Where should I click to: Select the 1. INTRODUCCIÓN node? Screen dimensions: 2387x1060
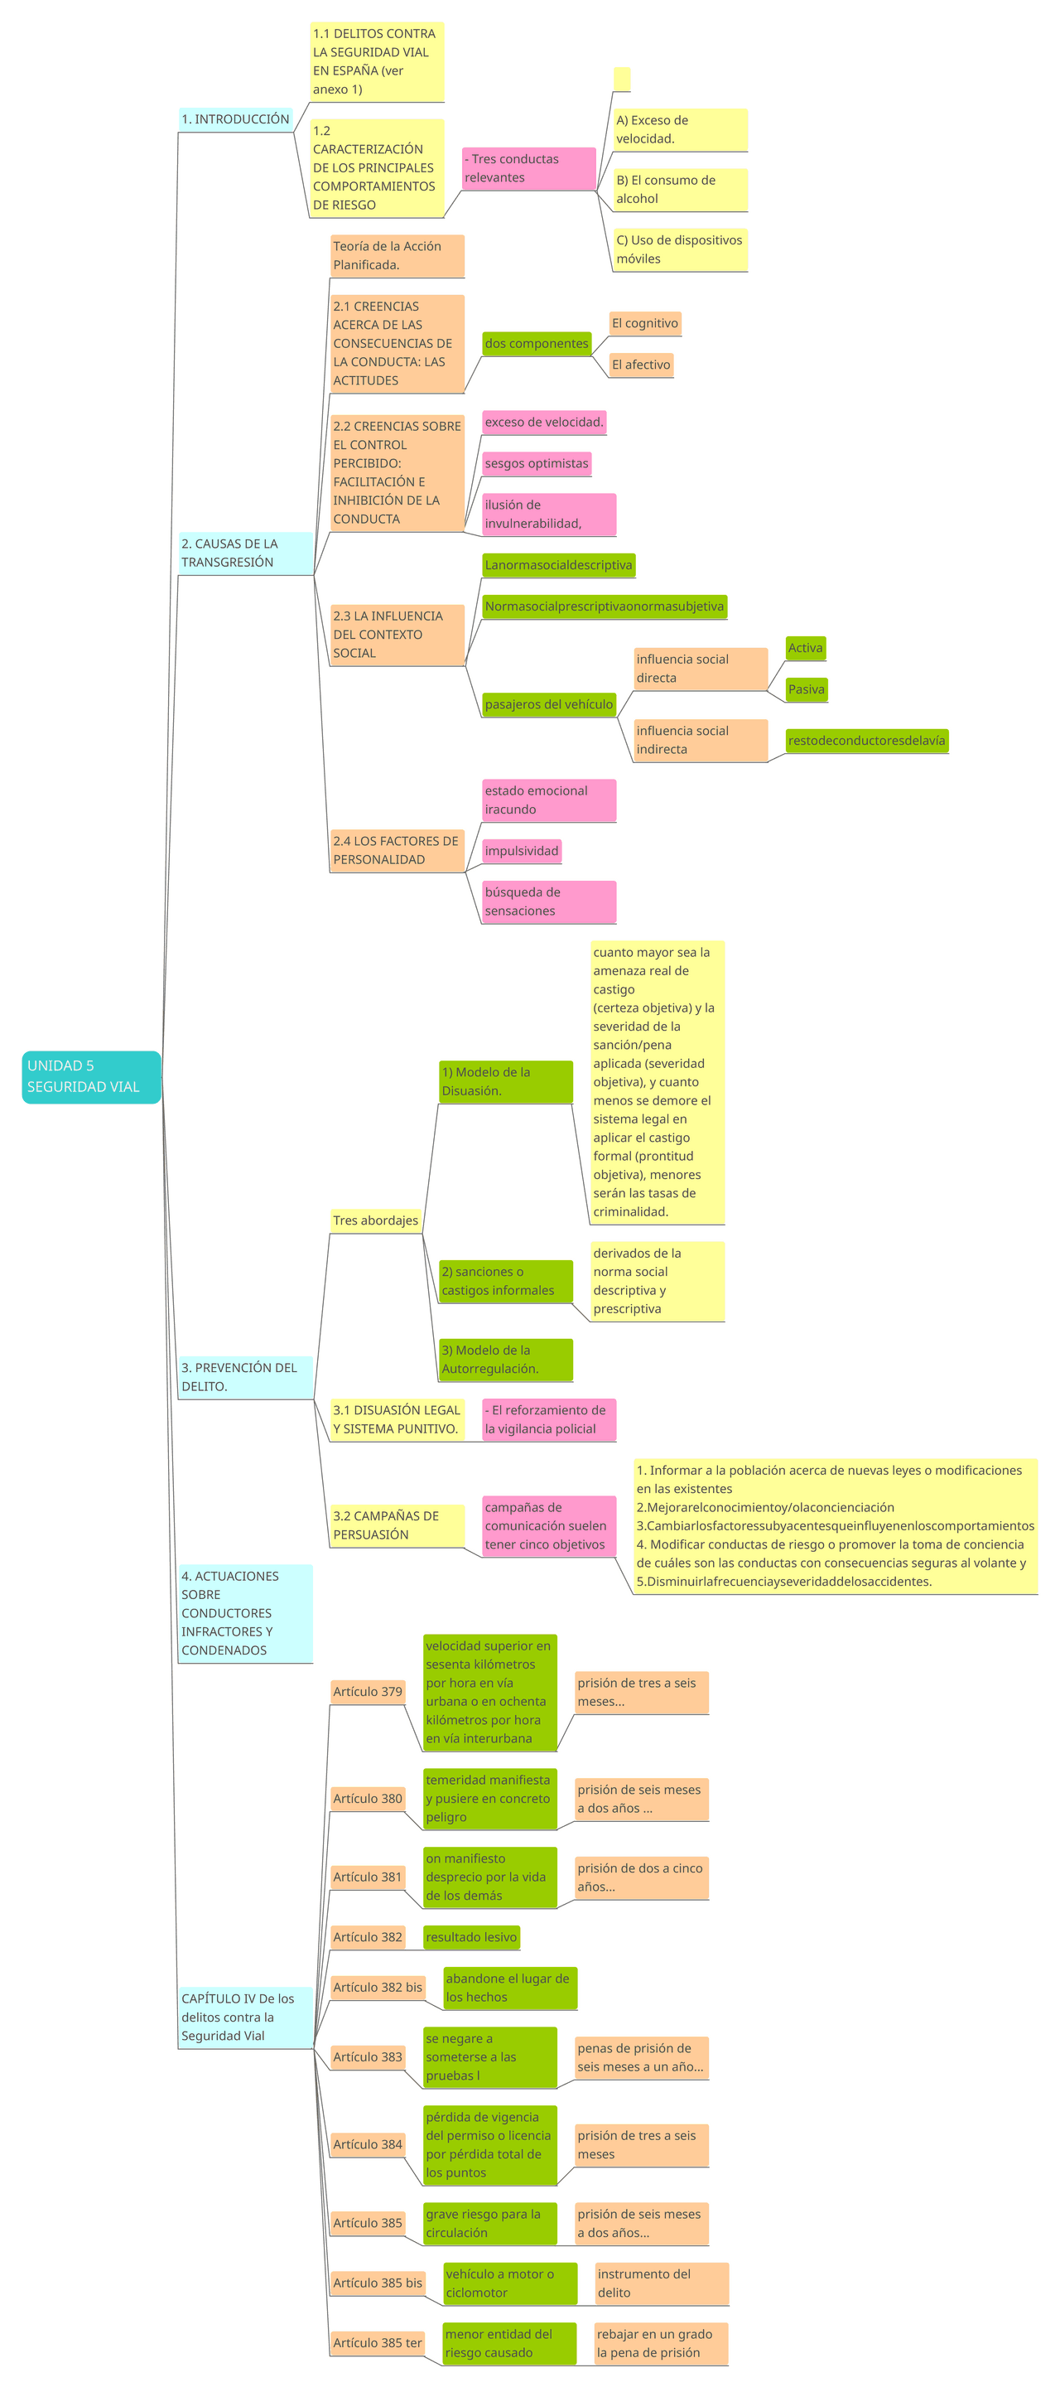tap(235, 118)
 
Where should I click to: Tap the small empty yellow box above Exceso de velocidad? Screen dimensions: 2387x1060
tap(622, 79)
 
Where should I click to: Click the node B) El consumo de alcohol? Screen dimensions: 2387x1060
tap(679, 189)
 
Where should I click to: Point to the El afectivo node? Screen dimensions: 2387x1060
tap(640, 365)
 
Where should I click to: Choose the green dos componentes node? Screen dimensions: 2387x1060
tap(537, 344)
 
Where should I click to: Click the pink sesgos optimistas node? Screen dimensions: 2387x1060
tap(537, 463)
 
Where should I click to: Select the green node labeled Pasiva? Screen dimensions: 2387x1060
tap(805, 689)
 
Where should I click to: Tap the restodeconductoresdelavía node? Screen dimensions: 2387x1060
tap(865, 741)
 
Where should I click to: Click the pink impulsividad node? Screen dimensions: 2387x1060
tap(522, 851)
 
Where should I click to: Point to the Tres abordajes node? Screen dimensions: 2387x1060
tap(375, 1220)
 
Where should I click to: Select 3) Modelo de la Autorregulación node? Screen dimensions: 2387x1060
tap(505, 1360)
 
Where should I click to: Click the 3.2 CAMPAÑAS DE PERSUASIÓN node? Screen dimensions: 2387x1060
tap(397, 1525)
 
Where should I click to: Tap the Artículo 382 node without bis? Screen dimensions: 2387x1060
tap(368, 1936)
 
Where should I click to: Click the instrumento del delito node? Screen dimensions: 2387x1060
tap(661, 2283)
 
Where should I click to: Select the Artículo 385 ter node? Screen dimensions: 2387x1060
tap(377, 2342)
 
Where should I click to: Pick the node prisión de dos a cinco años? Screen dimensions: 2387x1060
tap(641, 1877)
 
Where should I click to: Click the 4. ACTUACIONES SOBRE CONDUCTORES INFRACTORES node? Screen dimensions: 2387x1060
tap(244, 1613)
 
